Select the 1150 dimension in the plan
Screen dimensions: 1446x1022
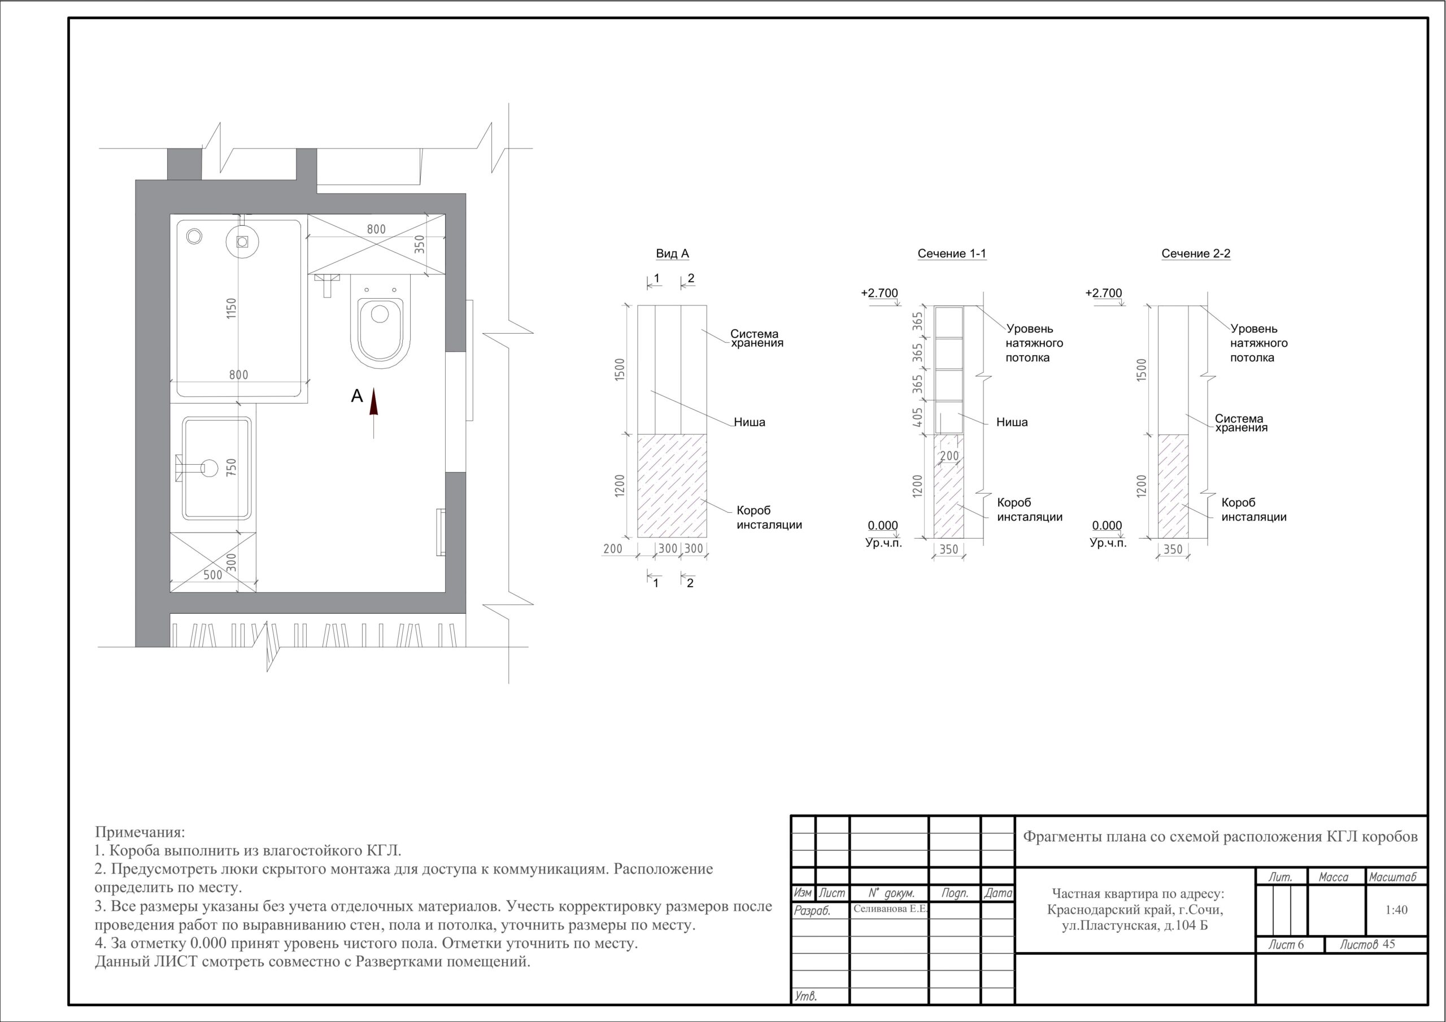click(232, 308)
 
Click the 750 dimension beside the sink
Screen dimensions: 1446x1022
click(232, 467)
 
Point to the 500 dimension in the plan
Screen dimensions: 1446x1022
click(213, 575)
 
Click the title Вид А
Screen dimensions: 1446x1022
click(673, 254)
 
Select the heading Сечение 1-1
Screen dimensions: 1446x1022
click(952, 254)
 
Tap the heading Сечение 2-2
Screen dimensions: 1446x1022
click(1196, 254)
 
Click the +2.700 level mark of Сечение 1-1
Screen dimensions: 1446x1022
click(879, 293)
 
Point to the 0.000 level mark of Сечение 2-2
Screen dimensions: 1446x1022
click(1107, 525)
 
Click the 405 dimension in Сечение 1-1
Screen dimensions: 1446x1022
click(918, 417)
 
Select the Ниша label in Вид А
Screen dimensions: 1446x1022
click(750, 422)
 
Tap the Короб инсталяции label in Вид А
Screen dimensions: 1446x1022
click(769, 518)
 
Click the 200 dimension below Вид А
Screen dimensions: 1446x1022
click(612, 548)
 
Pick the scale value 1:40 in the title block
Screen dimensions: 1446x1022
click(1396, 910)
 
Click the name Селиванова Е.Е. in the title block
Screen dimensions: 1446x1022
click(890, 909)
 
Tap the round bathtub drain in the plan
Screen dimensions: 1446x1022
click(194, 236)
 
